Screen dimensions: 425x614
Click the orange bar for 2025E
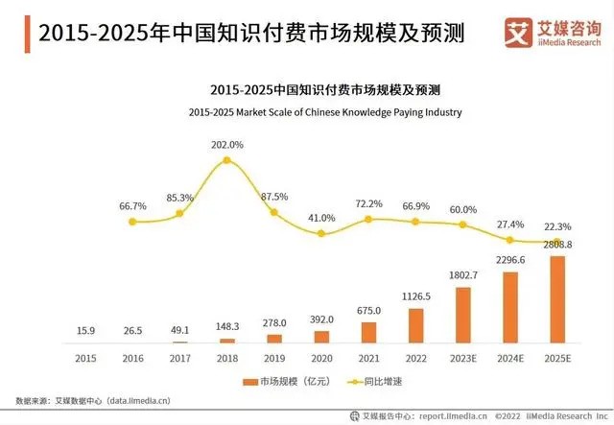pos(557,299)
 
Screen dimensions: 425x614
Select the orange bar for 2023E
pos(463,315)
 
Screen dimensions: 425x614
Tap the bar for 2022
pos(415,325)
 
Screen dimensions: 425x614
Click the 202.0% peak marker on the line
pos(227,160)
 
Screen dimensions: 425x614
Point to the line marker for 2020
pos(321,233)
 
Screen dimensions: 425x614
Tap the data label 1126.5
pos(415,297)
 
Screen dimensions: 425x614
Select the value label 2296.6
pos(510,260)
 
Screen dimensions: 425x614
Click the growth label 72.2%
pos(369,204)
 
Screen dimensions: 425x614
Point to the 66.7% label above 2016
pos(133,206)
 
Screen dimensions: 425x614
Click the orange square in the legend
pos(251,381)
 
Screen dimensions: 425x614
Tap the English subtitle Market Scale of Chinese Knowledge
pos(324,112)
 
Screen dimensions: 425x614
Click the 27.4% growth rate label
pos(510,224)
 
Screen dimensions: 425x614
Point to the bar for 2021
pos(369,332)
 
